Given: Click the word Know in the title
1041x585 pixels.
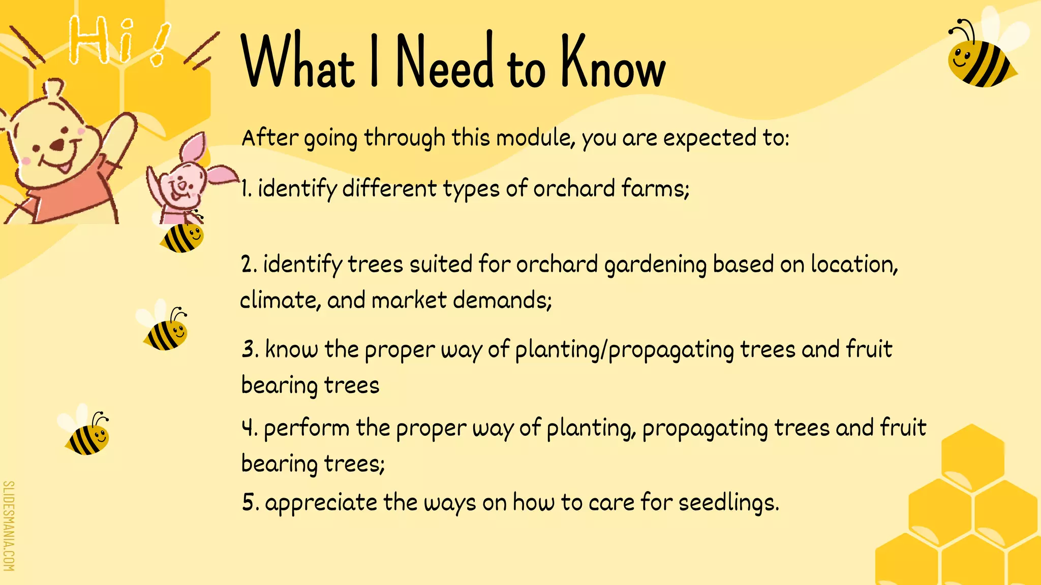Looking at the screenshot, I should point(613,63).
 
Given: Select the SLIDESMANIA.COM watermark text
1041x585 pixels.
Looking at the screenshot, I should point(9,526).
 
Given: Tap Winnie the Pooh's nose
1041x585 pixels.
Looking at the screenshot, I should point(58,145).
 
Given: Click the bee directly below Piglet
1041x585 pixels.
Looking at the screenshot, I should point(182,237).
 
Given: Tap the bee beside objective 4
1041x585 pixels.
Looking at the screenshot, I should point(87,435).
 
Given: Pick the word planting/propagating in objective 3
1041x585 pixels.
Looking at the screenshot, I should point(624,350).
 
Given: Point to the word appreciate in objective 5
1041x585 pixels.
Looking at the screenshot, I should point(321,503).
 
